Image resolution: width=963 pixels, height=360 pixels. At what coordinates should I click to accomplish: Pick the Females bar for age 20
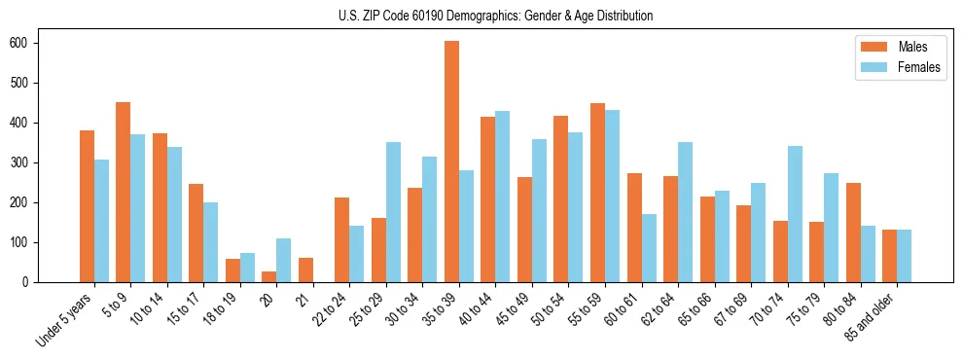[x=284, y=260]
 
